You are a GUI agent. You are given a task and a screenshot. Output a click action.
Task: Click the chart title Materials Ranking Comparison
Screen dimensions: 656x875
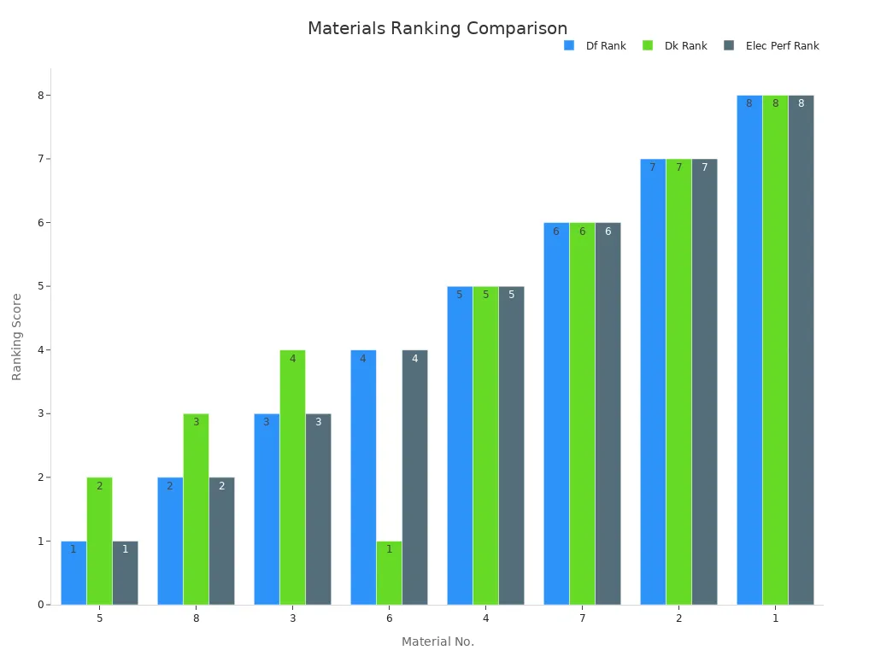(x=437, y=29)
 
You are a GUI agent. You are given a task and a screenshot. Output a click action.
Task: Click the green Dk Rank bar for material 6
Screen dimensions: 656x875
(x=389, y=572)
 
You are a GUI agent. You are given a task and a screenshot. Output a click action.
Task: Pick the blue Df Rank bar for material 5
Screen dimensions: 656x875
(x=73, y=572)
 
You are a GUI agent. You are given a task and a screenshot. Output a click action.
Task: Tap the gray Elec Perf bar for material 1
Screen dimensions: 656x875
(x=801, y=350)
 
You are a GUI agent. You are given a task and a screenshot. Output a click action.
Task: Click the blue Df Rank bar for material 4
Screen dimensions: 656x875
(x=460, y=445)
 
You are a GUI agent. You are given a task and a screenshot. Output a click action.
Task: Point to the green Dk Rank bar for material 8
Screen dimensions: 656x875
(x=196, y=509)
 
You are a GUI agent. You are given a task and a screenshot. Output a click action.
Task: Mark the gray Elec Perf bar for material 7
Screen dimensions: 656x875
(x=608, y=413)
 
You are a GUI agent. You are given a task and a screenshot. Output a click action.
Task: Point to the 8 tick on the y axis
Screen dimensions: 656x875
(x=40, y=96)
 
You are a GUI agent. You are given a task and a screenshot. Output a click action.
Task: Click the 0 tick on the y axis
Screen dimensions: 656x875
(x=40, y=605)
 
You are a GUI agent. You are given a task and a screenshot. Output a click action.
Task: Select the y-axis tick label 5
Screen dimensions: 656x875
(x=40, y=286)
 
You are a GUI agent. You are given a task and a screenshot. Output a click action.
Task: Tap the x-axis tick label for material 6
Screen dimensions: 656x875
(x=389, y=618)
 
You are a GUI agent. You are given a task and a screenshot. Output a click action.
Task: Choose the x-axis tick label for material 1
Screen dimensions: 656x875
(x=775, y=618)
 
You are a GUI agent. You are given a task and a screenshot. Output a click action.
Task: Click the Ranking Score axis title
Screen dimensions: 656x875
(x=17, y=337)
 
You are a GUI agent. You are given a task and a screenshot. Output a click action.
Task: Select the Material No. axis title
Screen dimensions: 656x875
(x=437, y=641)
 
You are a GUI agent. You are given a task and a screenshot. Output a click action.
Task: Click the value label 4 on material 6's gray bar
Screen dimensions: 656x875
(x=414, y=359)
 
